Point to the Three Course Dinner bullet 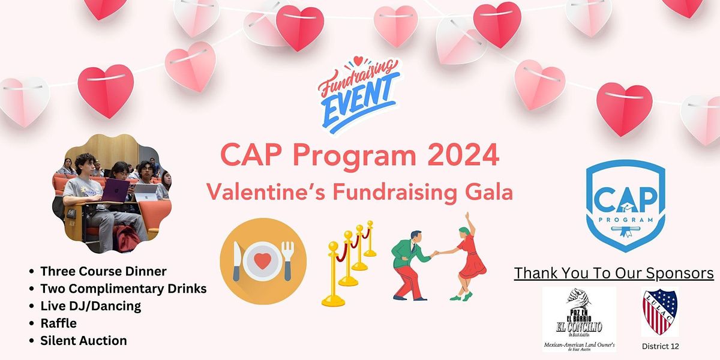pos(103,271)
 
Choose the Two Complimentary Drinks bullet pos(123,289)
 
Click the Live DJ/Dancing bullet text pos(91,306)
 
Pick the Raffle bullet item pos(58,323)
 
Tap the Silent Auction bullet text pos(83,341)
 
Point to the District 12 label pos(660,346)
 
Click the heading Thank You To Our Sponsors pos(614,274)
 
